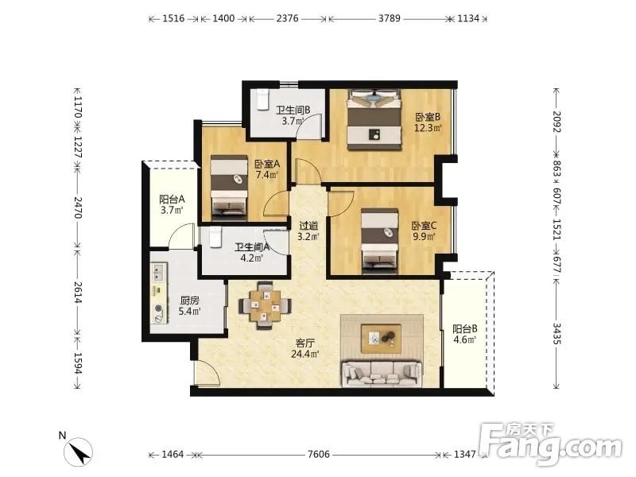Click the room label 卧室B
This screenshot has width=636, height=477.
428,117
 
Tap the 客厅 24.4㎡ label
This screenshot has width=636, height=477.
305,348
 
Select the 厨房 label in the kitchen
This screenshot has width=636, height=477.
189,301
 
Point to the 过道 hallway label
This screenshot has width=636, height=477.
308,226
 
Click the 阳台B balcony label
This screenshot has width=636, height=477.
465,328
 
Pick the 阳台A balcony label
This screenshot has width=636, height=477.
172,200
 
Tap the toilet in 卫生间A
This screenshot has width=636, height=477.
215,237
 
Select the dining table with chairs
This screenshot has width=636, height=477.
265,305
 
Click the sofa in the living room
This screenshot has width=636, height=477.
382,374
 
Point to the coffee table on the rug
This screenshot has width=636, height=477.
382,338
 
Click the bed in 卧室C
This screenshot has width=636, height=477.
380,241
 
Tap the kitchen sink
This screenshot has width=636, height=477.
158,272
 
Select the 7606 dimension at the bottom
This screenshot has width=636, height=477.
319,454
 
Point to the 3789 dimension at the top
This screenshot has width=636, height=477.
390,18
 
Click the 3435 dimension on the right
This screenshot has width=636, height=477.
557,334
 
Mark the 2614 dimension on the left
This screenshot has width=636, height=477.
78,293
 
